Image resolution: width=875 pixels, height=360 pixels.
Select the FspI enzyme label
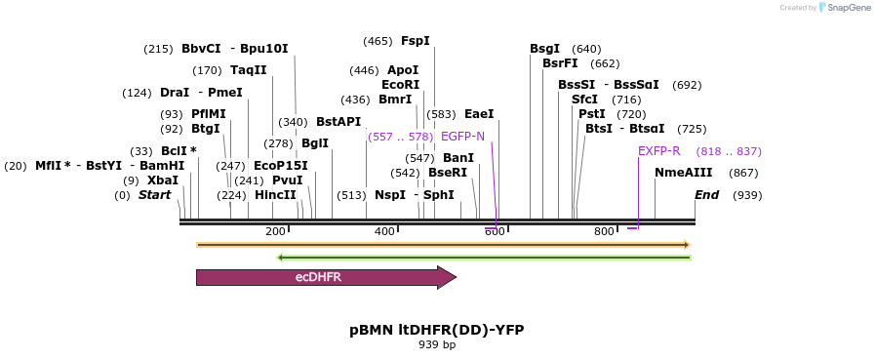tap(415, 41)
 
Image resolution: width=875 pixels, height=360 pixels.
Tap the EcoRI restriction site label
tap(400, 85)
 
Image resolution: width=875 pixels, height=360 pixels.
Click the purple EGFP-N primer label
tap(462, 137)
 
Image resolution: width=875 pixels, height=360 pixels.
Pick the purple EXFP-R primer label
tap(659, 151)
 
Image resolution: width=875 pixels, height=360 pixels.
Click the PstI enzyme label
tap(592, 114)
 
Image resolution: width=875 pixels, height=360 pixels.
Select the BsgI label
tap(544, 49)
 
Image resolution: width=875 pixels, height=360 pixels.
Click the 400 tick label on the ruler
tap(384, 231)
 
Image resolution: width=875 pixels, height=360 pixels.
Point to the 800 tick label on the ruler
tap(604, 231)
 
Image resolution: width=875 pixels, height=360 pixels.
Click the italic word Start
tap(154, 195)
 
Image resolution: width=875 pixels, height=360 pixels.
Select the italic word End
tap(706, 195)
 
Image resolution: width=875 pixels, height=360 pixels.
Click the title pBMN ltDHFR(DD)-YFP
tap(437, 330)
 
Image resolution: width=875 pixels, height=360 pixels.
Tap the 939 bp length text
tap(437, 345)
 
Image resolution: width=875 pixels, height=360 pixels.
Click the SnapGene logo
tap(844, 7)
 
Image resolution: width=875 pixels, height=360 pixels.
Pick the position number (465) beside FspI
tap(378, 41)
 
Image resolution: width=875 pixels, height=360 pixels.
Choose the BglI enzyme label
tap(315, 143)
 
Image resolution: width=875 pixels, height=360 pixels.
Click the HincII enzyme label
tap(275, 195)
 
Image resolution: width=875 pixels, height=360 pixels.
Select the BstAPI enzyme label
tap(338, 122)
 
